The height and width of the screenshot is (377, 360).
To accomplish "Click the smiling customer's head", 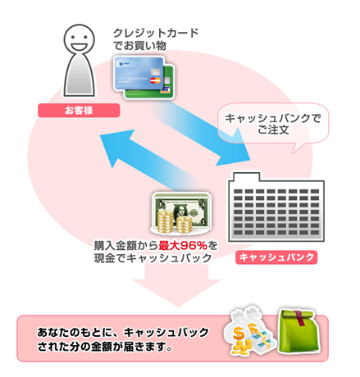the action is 79,39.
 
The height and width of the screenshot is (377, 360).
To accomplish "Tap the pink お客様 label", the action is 79,111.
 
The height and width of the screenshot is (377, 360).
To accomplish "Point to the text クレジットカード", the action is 156,33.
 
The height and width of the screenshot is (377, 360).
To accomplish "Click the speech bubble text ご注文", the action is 273,129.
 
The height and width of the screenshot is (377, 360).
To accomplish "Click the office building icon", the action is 276,207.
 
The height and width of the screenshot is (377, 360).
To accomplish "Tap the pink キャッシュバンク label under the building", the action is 276,257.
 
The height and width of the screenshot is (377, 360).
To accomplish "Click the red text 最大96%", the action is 183,246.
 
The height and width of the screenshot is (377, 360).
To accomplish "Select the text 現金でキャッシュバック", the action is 153,258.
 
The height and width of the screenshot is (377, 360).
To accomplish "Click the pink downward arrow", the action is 177,285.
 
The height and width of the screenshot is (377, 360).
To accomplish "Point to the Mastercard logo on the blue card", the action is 155,80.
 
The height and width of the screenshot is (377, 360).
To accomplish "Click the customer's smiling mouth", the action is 79,46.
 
